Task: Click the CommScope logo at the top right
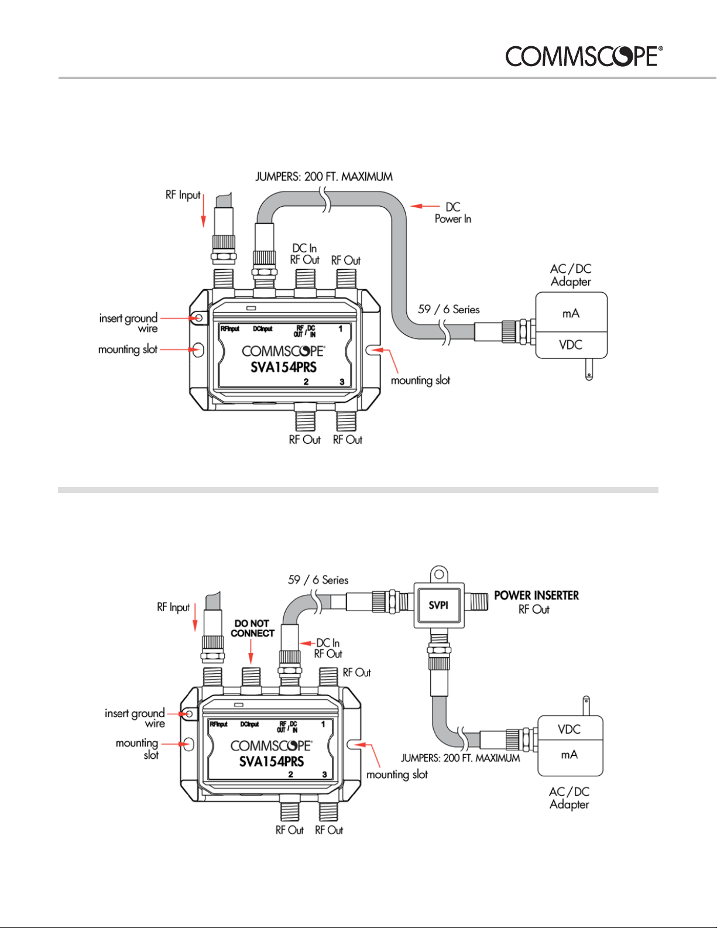pos(584,56)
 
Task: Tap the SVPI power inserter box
pos(439,605)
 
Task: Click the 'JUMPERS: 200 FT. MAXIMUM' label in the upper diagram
pos(324,177)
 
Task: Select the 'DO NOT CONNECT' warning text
pos(252,628)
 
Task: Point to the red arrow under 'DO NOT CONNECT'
pos(251,652)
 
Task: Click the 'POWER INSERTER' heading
pos(537,595)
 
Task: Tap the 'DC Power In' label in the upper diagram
pos(453,213)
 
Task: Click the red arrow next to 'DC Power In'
pos(425,206)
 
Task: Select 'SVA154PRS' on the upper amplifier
pos(284,367)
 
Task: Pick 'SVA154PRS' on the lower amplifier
pos(272,762)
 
